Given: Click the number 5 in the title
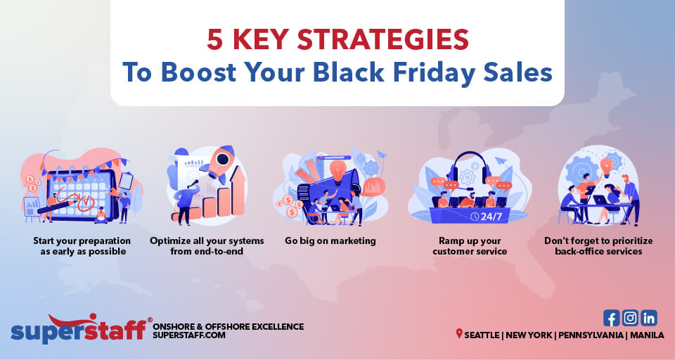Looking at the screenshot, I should (x=215, y=39).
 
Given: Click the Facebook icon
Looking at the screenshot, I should (x=612, y=318).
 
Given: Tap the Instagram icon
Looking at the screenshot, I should (x=630, y=318).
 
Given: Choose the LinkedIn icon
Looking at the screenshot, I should (x=648, y=318).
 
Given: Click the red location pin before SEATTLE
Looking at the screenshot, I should (x=459, y=334).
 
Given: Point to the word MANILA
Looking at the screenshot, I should (x=647, y=335).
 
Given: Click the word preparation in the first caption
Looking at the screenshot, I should (x=99, y=240).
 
